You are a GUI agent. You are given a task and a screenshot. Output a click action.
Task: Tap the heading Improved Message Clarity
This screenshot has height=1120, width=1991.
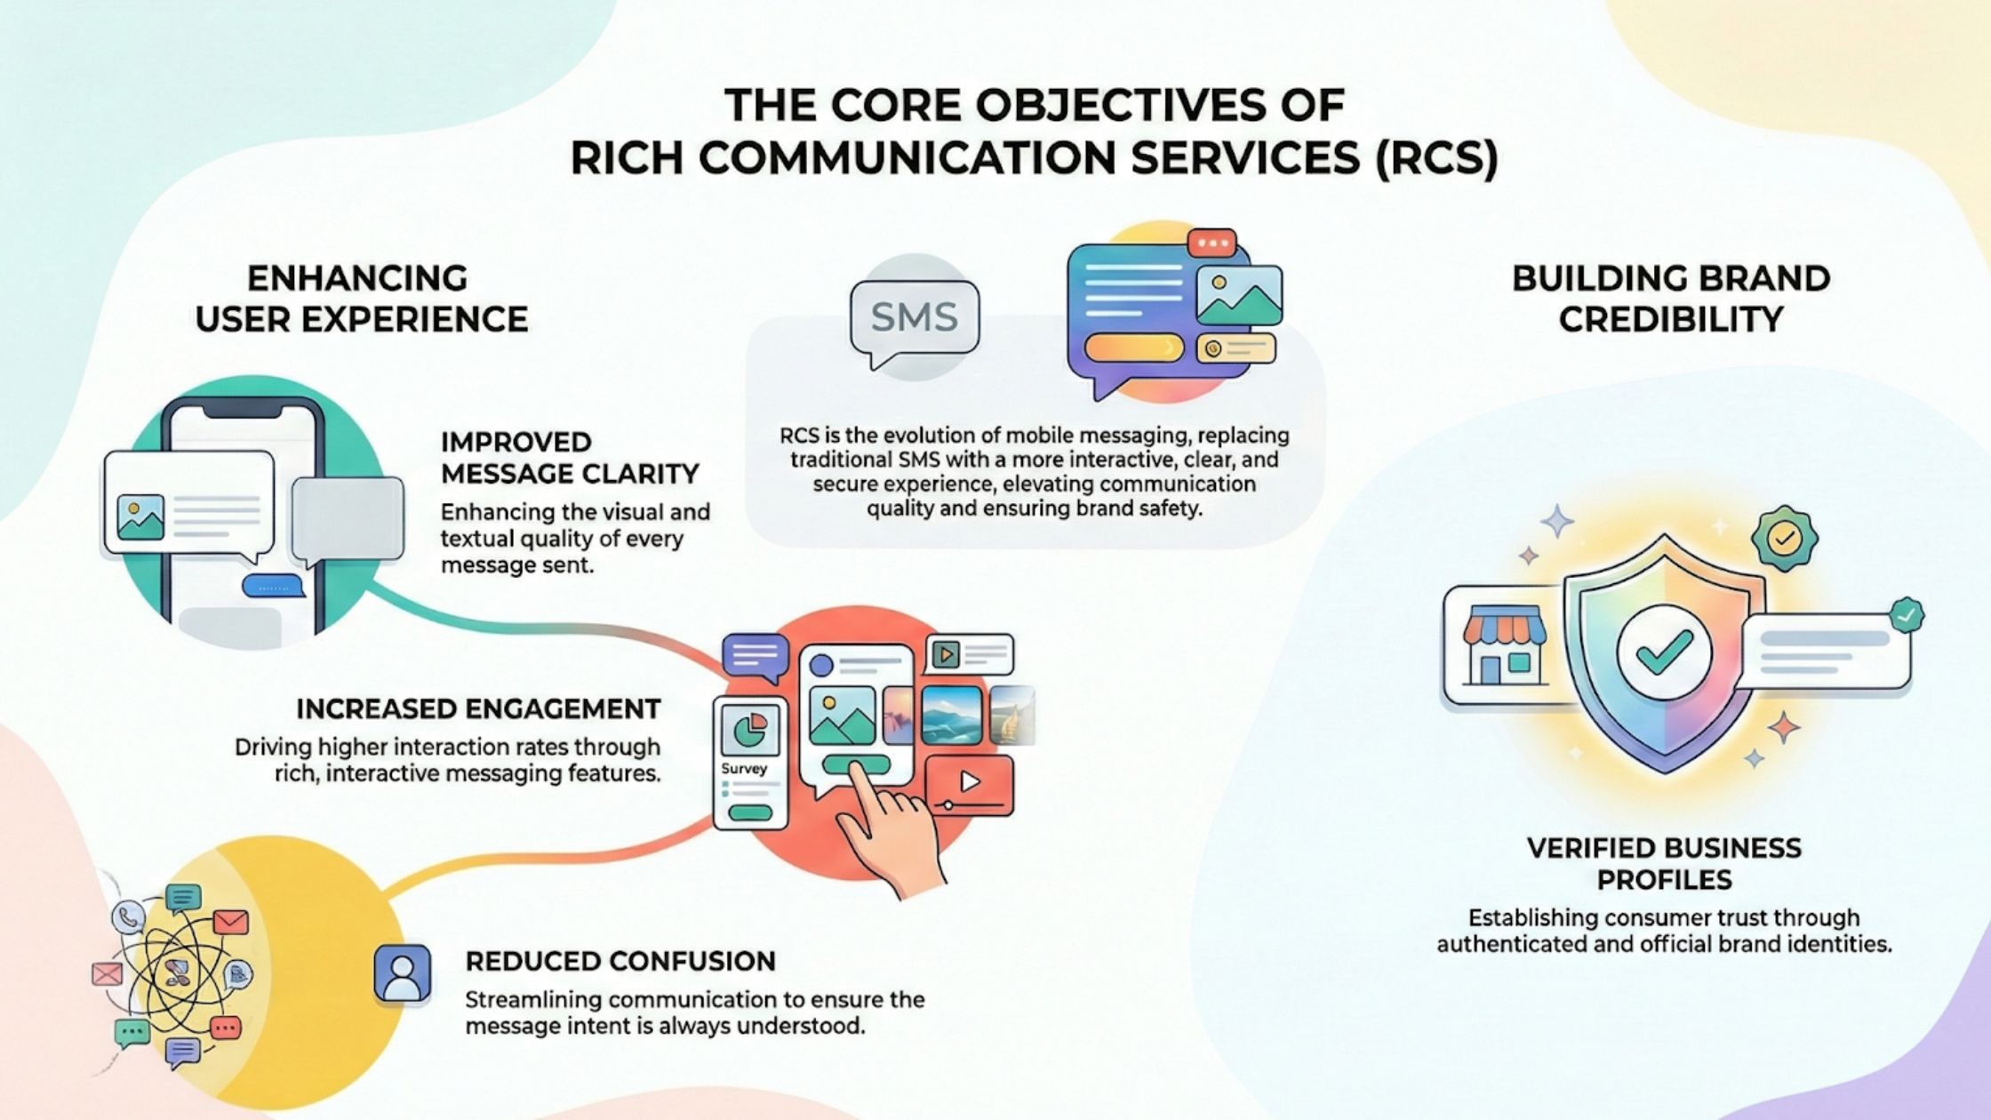[569, 458]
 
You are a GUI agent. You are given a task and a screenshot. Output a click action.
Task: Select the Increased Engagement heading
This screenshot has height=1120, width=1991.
[478, 708]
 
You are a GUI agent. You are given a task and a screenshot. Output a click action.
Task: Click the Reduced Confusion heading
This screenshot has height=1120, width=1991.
[620, 961]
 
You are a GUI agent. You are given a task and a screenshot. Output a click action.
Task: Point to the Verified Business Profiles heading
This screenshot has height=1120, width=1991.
[1664, 863]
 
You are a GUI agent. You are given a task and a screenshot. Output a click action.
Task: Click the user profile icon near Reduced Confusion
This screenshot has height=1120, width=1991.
[403, 973]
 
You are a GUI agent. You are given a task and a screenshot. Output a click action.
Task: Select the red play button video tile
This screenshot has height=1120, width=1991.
[969, 783]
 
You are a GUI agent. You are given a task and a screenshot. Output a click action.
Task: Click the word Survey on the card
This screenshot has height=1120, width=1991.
[744, 769]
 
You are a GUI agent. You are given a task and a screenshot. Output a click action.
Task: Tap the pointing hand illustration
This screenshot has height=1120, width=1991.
[889, 827]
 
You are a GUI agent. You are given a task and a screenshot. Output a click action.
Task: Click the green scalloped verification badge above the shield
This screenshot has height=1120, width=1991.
[1784, 537]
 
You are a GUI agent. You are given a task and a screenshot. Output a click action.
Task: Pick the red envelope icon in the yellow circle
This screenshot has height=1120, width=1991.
[230, 922]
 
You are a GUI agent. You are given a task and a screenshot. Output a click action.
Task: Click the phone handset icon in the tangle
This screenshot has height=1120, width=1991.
[130, 916]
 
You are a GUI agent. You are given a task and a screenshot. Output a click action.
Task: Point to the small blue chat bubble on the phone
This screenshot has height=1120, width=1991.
[274, 586]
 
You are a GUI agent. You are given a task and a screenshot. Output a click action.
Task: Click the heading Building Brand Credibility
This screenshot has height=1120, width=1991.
[1671, 299]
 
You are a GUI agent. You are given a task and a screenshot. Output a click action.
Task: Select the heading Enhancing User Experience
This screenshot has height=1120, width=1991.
[362, 299]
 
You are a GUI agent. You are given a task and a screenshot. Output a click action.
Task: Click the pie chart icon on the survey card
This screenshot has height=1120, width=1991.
[751, 731]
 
